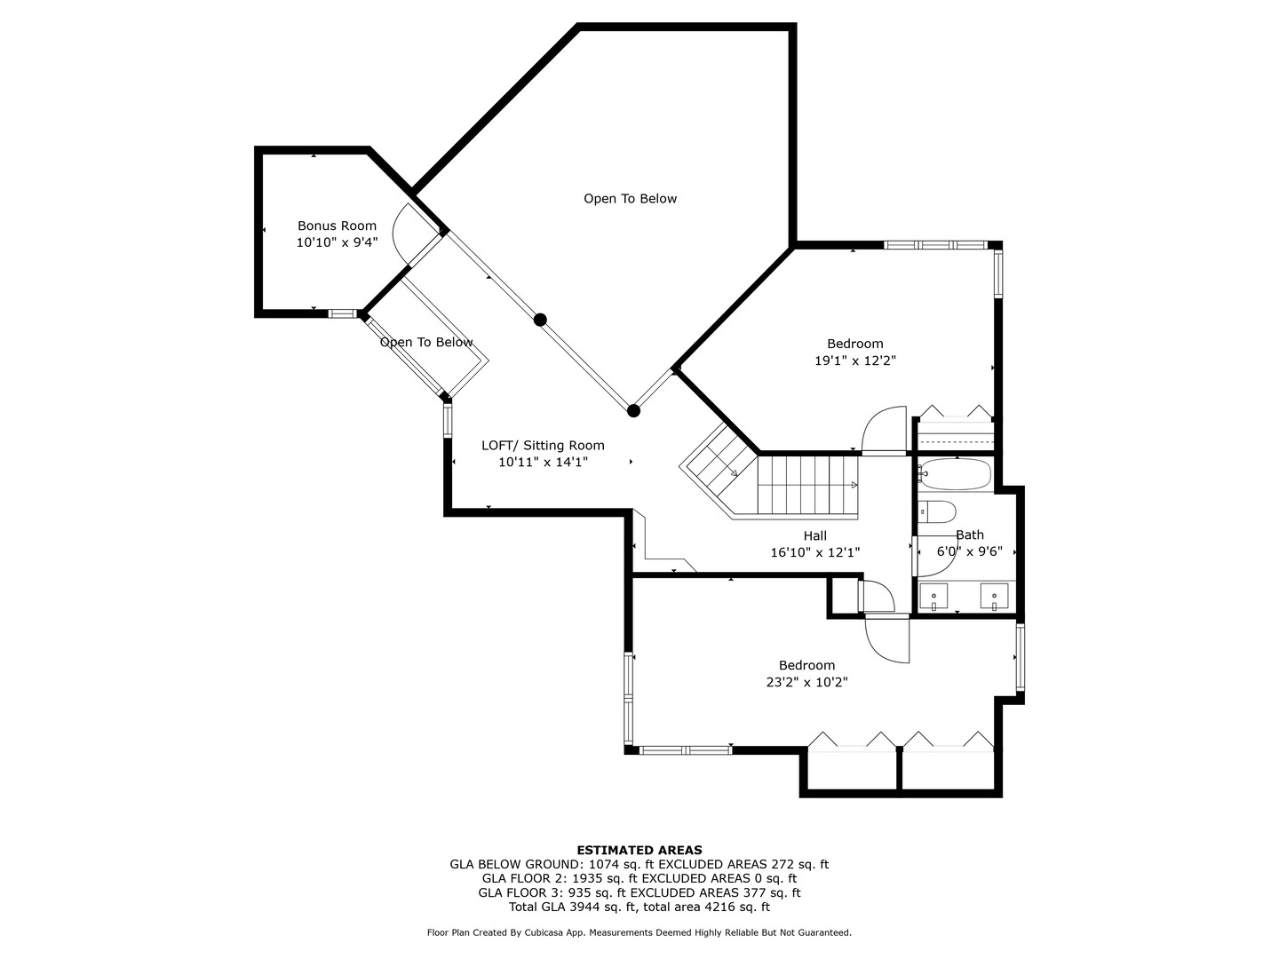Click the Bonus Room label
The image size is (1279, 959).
pyautogui.click(x=337, y=226)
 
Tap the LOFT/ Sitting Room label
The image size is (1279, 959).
pyautogui.click(x=543, y=446)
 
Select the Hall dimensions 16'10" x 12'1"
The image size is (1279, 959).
pyautogui.click(x=814, y=552)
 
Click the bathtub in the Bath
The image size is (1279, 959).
pyautogui.click(x=955, y=475)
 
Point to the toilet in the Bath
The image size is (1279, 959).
pyautogui.click(x=937, y=512)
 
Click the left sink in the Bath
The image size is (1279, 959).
pyautogui.click(x=933, y=596)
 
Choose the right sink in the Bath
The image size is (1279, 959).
pyautogui.click(x=994, y=596)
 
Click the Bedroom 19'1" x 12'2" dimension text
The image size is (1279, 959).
pyautogui.click(x=855, y=361)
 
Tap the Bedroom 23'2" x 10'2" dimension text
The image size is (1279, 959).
pyautogui.click(x=806, y=682)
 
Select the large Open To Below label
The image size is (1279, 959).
pyautogui.click(x=630, y=199)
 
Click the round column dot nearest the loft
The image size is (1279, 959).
pyautogui.click(x=633, y=410)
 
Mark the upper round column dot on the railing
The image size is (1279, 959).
pyautogui.click(x=540, y=320)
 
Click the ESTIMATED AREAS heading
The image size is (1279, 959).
pyautogui.click(x=639, y=850)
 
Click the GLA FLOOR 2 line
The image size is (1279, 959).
pyautogui.click(x=639, y=878)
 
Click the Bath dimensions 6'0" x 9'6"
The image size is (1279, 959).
pyautogui.click(x=970, y=551)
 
